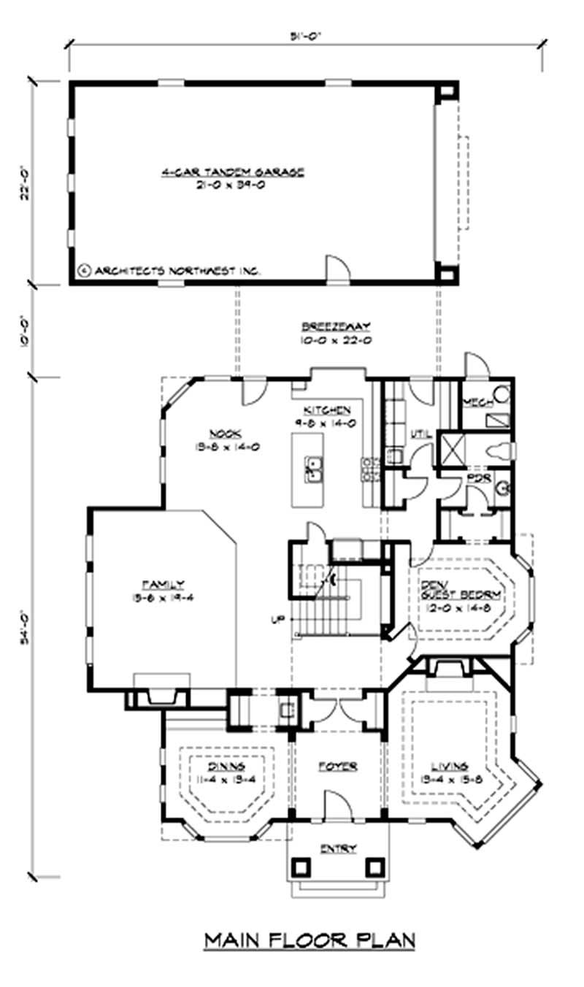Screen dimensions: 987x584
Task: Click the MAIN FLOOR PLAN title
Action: point(310,940)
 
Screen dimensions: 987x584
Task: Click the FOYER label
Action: point(338,767)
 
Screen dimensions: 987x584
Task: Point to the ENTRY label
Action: point(338,848)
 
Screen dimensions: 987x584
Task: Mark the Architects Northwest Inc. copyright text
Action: point(169,271)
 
